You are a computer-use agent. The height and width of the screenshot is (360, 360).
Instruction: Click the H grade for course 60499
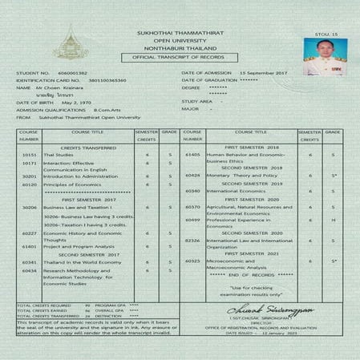point(332,220)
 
